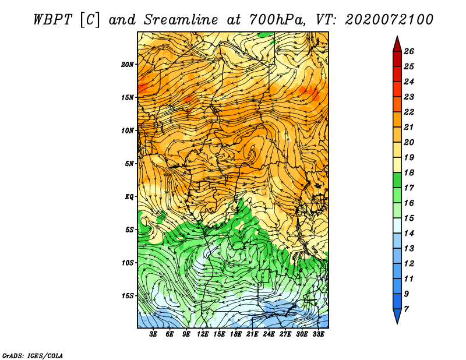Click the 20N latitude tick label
pyautogui.click(x=128, y=65)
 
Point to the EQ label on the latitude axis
pyautogui.click(x=129, y=197)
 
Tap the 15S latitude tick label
pyautogui.click(x=128, y=296)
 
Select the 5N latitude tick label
pyautogui.click(x=129, y=164)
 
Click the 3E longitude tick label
pyautogui.click(x=153, y=334)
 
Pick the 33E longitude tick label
pyautogui.click(x=318, y=334)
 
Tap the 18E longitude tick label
pyautogui.click(x=236, y=334)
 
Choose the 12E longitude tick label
pyautogui.click(x=203, y=334)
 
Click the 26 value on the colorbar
pyautogui.click(x=409, y=51)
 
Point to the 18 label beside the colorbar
pyautogui.click(x=409, y=172)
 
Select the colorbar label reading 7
pyautogui.click(x=406, y=309)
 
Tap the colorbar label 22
pyautogui.click(x=409, y=112)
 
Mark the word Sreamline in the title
pyautogui.click(x=181, y=20)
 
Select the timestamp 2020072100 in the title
pyautogui.click(x=389, y=20)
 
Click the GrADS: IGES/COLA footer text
pyautogui.click(x=33, y=356)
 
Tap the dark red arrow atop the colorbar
pyautogui.click(x=397, y=44)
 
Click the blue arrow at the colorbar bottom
pyautogui.click(x=397, y=316)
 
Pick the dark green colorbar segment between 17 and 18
pyautogui.click(x=397, y=180)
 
